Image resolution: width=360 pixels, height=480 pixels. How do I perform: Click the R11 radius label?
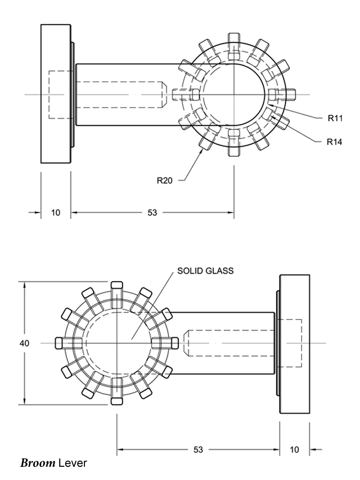tap(335, 118)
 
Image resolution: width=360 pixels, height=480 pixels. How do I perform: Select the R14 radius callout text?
tap(335, 142)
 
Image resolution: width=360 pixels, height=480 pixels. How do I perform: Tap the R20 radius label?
tap(165, 180)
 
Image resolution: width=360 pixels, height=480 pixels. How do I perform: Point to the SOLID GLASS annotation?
tap(206, 271)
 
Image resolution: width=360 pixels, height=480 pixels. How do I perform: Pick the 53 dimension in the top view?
tap(152, 213)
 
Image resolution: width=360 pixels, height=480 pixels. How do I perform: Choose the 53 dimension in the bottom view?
tap(198, 450)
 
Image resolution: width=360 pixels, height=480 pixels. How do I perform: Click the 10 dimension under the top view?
tap(55, 213)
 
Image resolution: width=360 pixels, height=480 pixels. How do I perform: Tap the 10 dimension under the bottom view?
tap(294, 450)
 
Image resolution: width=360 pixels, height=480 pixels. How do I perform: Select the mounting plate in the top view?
tap(56, 93)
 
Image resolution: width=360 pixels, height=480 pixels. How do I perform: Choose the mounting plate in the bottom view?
tap(294, 343)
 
